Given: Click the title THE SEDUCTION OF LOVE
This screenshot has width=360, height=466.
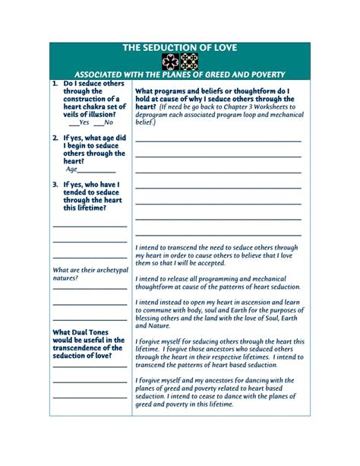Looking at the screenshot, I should (x=180, y=48).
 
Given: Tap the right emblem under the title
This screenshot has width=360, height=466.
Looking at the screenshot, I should (x=189, y=62).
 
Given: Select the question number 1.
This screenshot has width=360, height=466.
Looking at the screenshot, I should (x=55, y=83).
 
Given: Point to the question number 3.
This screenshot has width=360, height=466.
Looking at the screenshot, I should (x=55, y=184).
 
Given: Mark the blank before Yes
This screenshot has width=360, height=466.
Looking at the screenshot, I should (x=73, y=122).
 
